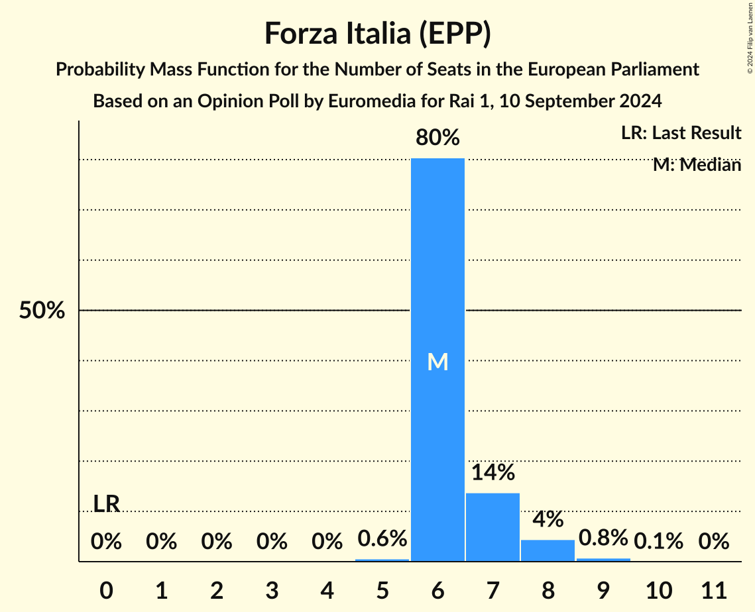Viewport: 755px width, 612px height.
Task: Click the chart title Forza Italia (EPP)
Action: click(377, 34)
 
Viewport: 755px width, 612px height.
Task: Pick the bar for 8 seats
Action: click(548, 550)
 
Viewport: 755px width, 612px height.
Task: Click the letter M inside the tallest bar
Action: click(437, 362)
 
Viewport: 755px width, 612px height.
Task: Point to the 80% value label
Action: click(437, 138)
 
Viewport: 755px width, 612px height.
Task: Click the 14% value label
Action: click(493, 472)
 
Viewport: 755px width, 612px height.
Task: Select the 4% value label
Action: click(548, 519)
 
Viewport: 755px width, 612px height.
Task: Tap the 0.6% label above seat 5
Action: click(382, 538)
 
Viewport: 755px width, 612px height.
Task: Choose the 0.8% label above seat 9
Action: click(603, 537)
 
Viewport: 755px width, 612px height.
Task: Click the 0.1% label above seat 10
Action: click(658, 541)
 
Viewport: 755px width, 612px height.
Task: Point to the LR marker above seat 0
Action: click(106, 504)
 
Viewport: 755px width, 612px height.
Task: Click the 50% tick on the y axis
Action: click(42, 311)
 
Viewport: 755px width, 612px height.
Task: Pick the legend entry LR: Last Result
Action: click(681, 133)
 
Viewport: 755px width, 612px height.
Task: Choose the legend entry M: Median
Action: click(697, 165)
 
